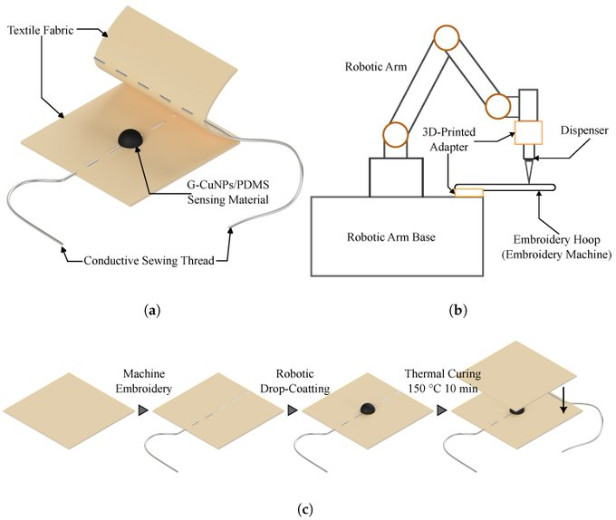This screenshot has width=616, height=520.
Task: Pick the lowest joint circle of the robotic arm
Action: click(396, 136)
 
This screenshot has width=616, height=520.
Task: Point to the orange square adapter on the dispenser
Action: click(527, 132)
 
